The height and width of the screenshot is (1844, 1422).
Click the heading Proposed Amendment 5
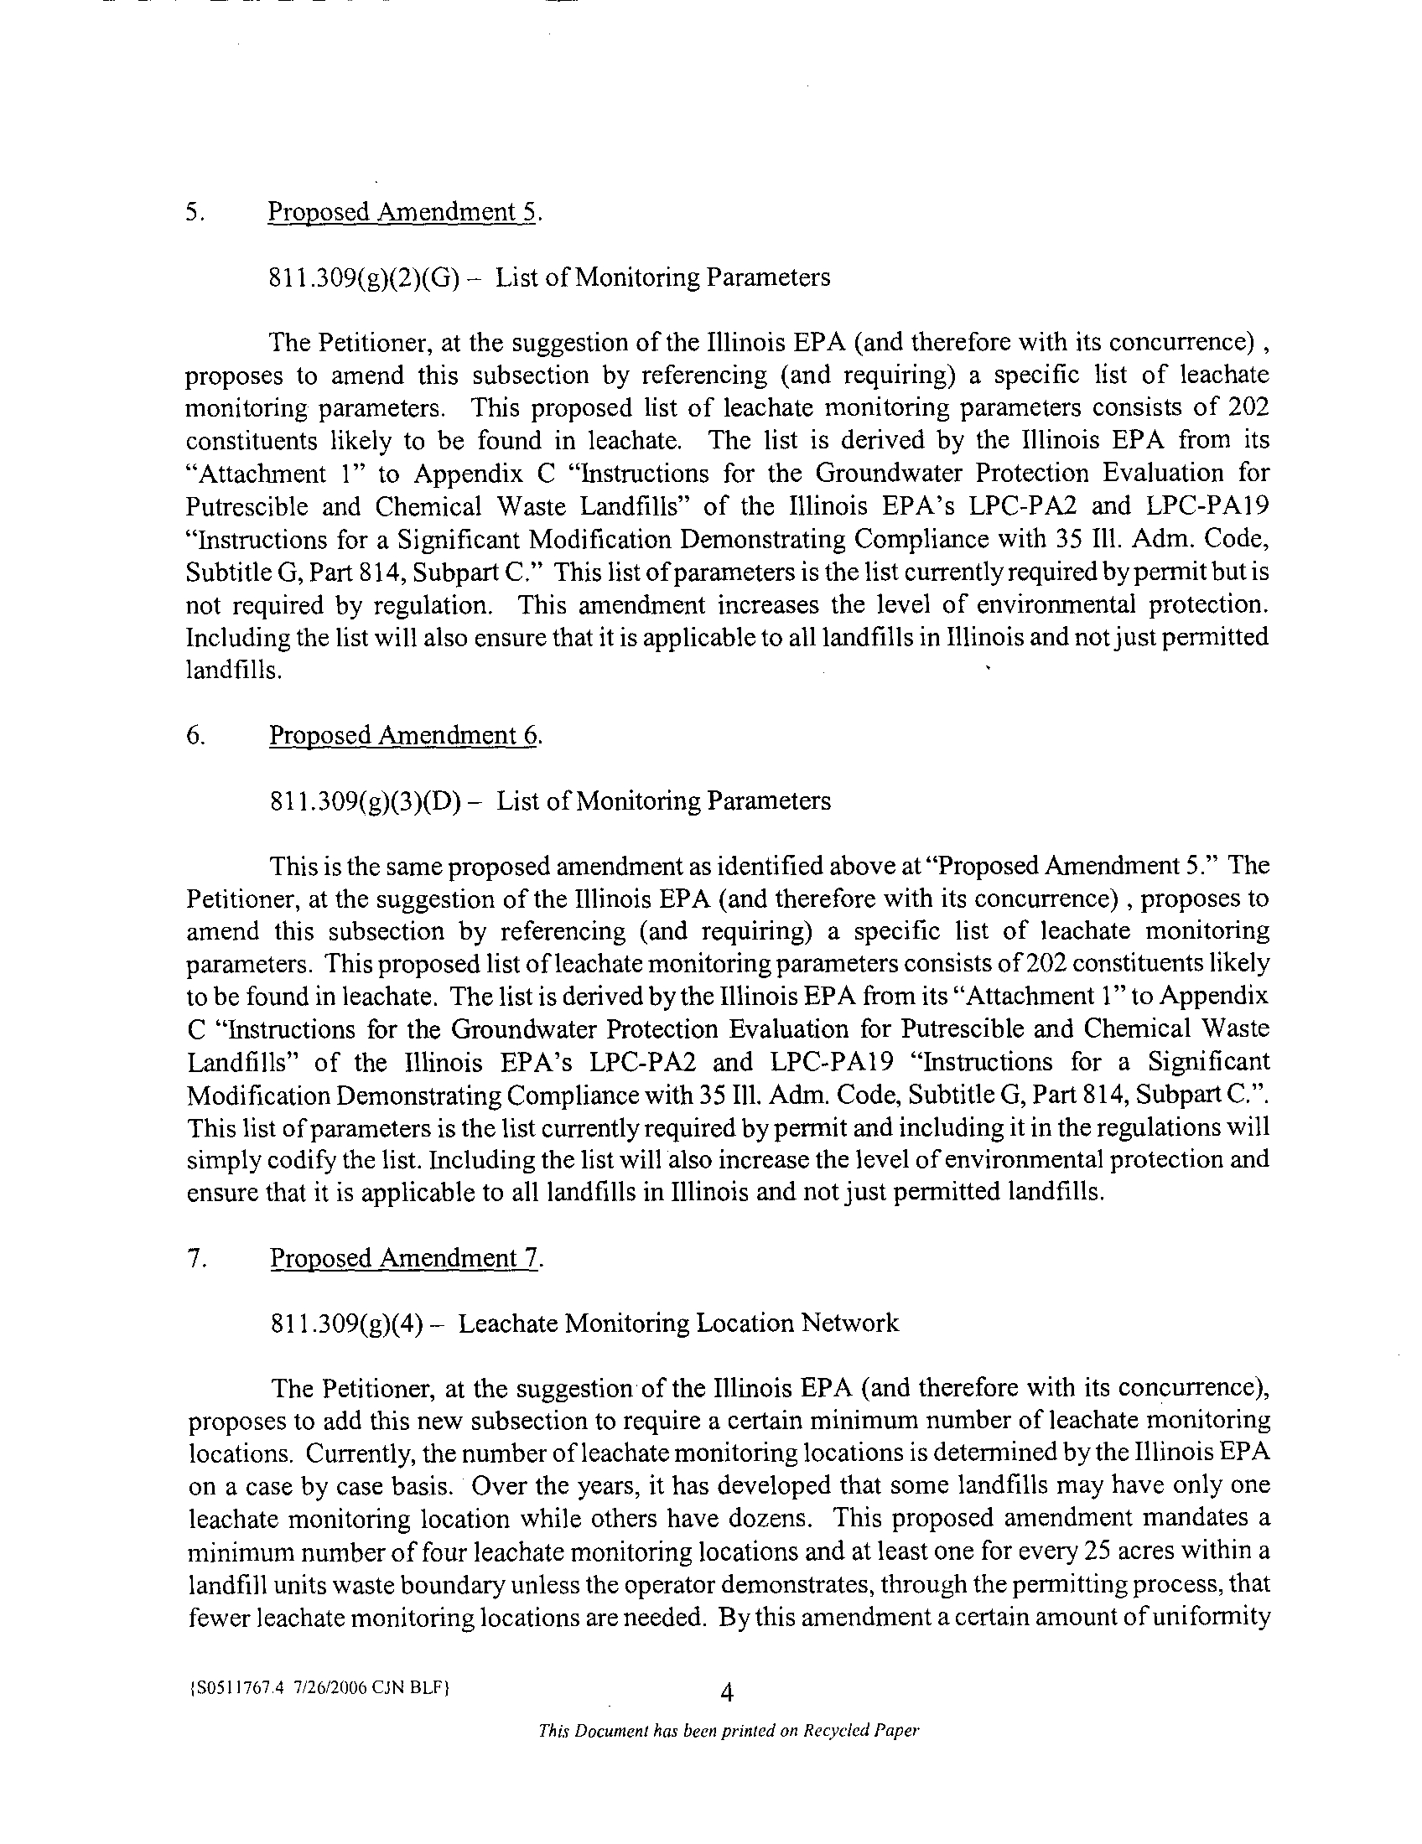[x=404, y=212]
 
